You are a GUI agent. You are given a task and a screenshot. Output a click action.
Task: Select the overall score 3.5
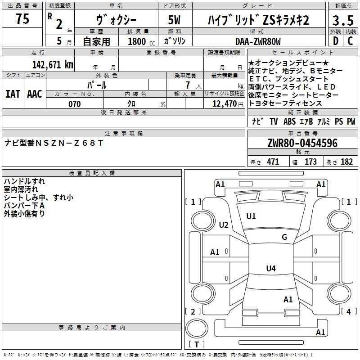pyautogui.click(x=342, y=20)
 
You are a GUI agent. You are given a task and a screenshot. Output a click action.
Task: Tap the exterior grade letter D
pyautogui.click(x=335, y=41)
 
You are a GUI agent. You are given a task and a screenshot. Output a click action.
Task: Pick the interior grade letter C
pyautogui.click(x=350, y=41)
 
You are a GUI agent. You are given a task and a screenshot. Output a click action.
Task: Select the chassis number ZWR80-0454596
pyautogui.click(x=302, y=144)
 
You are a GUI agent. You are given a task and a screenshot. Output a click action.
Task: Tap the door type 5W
pyautogui.click(x=175, y=20)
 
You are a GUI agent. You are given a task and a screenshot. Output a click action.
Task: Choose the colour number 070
pyautogui.click(x=74, y=104)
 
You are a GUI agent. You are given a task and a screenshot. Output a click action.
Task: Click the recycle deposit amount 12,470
pyautogui.click(x=224, y=104)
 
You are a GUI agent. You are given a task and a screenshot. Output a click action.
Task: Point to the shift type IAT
pyautogui.click(x=13, y=94)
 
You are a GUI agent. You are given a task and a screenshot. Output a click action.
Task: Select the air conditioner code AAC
pyautogui.click(x=34, y=94)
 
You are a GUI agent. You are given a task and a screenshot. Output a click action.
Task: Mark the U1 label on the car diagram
pyautogui.click(x=251, y=216)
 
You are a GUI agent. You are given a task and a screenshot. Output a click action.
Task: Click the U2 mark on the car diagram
pyautogui.click(x=224, y=225)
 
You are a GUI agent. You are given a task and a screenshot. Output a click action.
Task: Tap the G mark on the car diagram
pyautogui.click(x=284, y=237)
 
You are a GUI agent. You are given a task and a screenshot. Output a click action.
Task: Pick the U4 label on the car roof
pyautogui.click(x=270, y=269)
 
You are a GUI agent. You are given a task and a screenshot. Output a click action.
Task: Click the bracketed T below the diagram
pyautogui.click(x=197, y=345)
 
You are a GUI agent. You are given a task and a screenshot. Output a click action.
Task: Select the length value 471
pyautogui.click(x=273, y=162)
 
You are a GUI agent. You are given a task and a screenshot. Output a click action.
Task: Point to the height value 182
pyautogui.click(x=346, y=162)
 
